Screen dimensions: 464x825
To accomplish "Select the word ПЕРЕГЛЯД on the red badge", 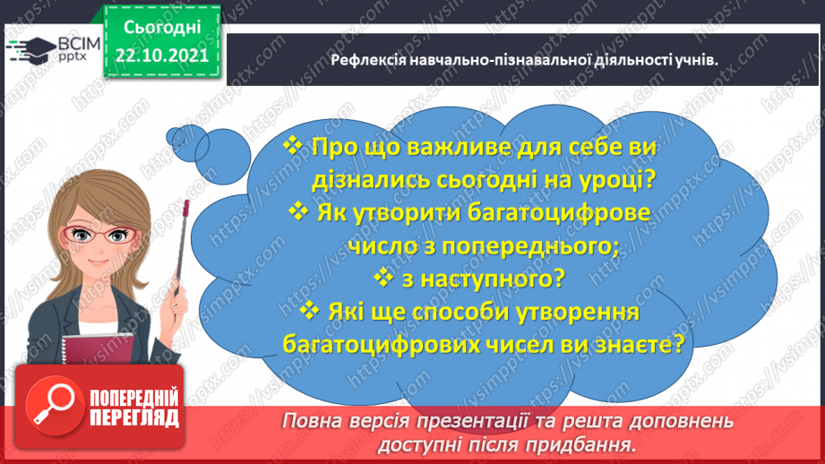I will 134,418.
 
